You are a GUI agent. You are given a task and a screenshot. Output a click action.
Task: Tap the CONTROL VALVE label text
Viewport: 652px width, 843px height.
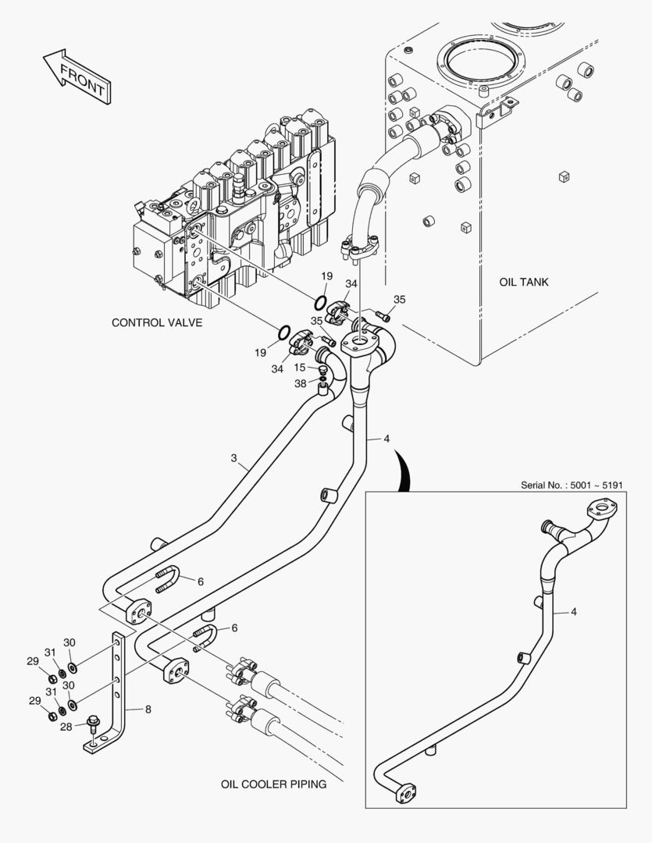coord(157,322)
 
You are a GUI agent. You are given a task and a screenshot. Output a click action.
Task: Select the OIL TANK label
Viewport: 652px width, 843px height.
coord(523,282)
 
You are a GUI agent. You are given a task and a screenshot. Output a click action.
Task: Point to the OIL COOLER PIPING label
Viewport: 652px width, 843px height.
coord(273,784)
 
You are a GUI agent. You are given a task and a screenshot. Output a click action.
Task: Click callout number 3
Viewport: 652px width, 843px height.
coord(233,459)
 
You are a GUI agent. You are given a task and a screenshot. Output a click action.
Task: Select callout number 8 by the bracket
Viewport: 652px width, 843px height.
coord(148,710)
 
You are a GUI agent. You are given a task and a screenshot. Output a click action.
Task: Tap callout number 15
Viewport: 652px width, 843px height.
coord(300,368)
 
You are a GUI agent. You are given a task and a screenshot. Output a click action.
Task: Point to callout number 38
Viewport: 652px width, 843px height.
coord(300,383)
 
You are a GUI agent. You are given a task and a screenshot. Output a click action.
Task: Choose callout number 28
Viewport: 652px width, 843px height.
coord(66,726)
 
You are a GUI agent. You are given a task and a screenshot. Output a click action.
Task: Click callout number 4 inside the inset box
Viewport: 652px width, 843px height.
coord(574,612)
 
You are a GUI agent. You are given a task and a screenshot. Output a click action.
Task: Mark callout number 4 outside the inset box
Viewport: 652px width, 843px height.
coord(386,439)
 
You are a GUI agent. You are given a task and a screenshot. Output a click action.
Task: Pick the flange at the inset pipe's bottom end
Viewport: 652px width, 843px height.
coord(406,792)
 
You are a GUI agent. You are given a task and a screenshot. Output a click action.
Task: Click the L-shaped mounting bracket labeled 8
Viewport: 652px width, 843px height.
coord(119,695)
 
